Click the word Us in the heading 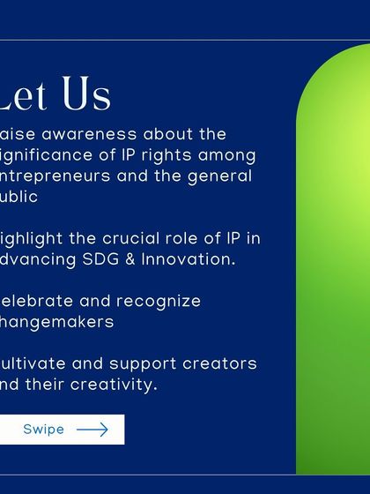point(86,95)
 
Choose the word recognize point(159,302)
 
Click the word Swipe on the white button point(43,430)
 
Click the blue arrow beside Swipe point(92,430)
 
